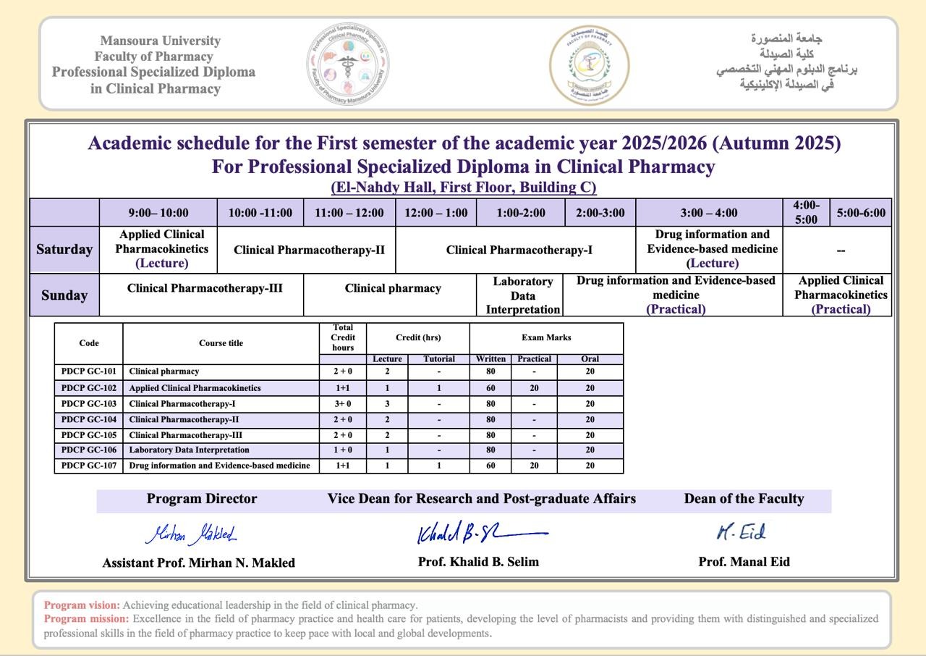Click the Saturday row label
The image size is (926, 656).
(x=64, y=250)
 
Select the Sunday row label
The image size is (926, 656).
(x=64, y=295)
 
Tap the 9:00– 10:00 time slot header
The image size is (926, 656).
(x=158, y=212)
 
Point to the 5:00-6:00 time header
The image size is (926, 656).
(x=860, y=212)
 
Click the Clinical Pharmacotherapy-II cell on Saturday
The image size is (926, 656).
(x=309, y=250)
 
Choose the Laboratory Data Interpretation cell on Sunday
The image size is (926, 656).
(x=522, y=295)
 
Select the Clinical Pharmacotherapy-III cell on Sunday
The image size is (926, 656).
(x=205, y=288)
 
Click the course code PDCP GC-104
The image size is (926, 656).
(x=89, y=419)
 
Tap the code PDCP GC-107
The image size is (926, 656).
(x=89, y=466)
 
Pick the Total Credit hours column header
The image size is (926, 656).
(x=343, y=338)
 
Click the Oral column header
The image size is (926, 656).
(x=590, y=359)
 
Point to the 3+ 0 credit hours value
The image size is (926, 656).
(x=343, y=404)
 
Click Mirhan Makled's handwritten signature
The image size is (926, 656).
(x=192, y=534)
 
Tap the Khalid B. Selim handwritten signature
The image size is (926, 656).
(x=480, y=533)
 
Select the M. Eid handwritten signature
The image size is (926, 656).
(x=741, y=533)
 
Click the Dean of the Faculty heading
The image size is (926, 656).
(x=744, y=499)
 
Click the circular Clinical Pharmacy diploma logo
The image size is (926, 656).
(x=348, y=64)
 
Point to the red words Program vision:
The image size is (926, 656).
(x=82, y=605)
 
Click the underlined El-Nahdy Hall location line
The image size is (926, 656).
(x=464, y=188)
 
